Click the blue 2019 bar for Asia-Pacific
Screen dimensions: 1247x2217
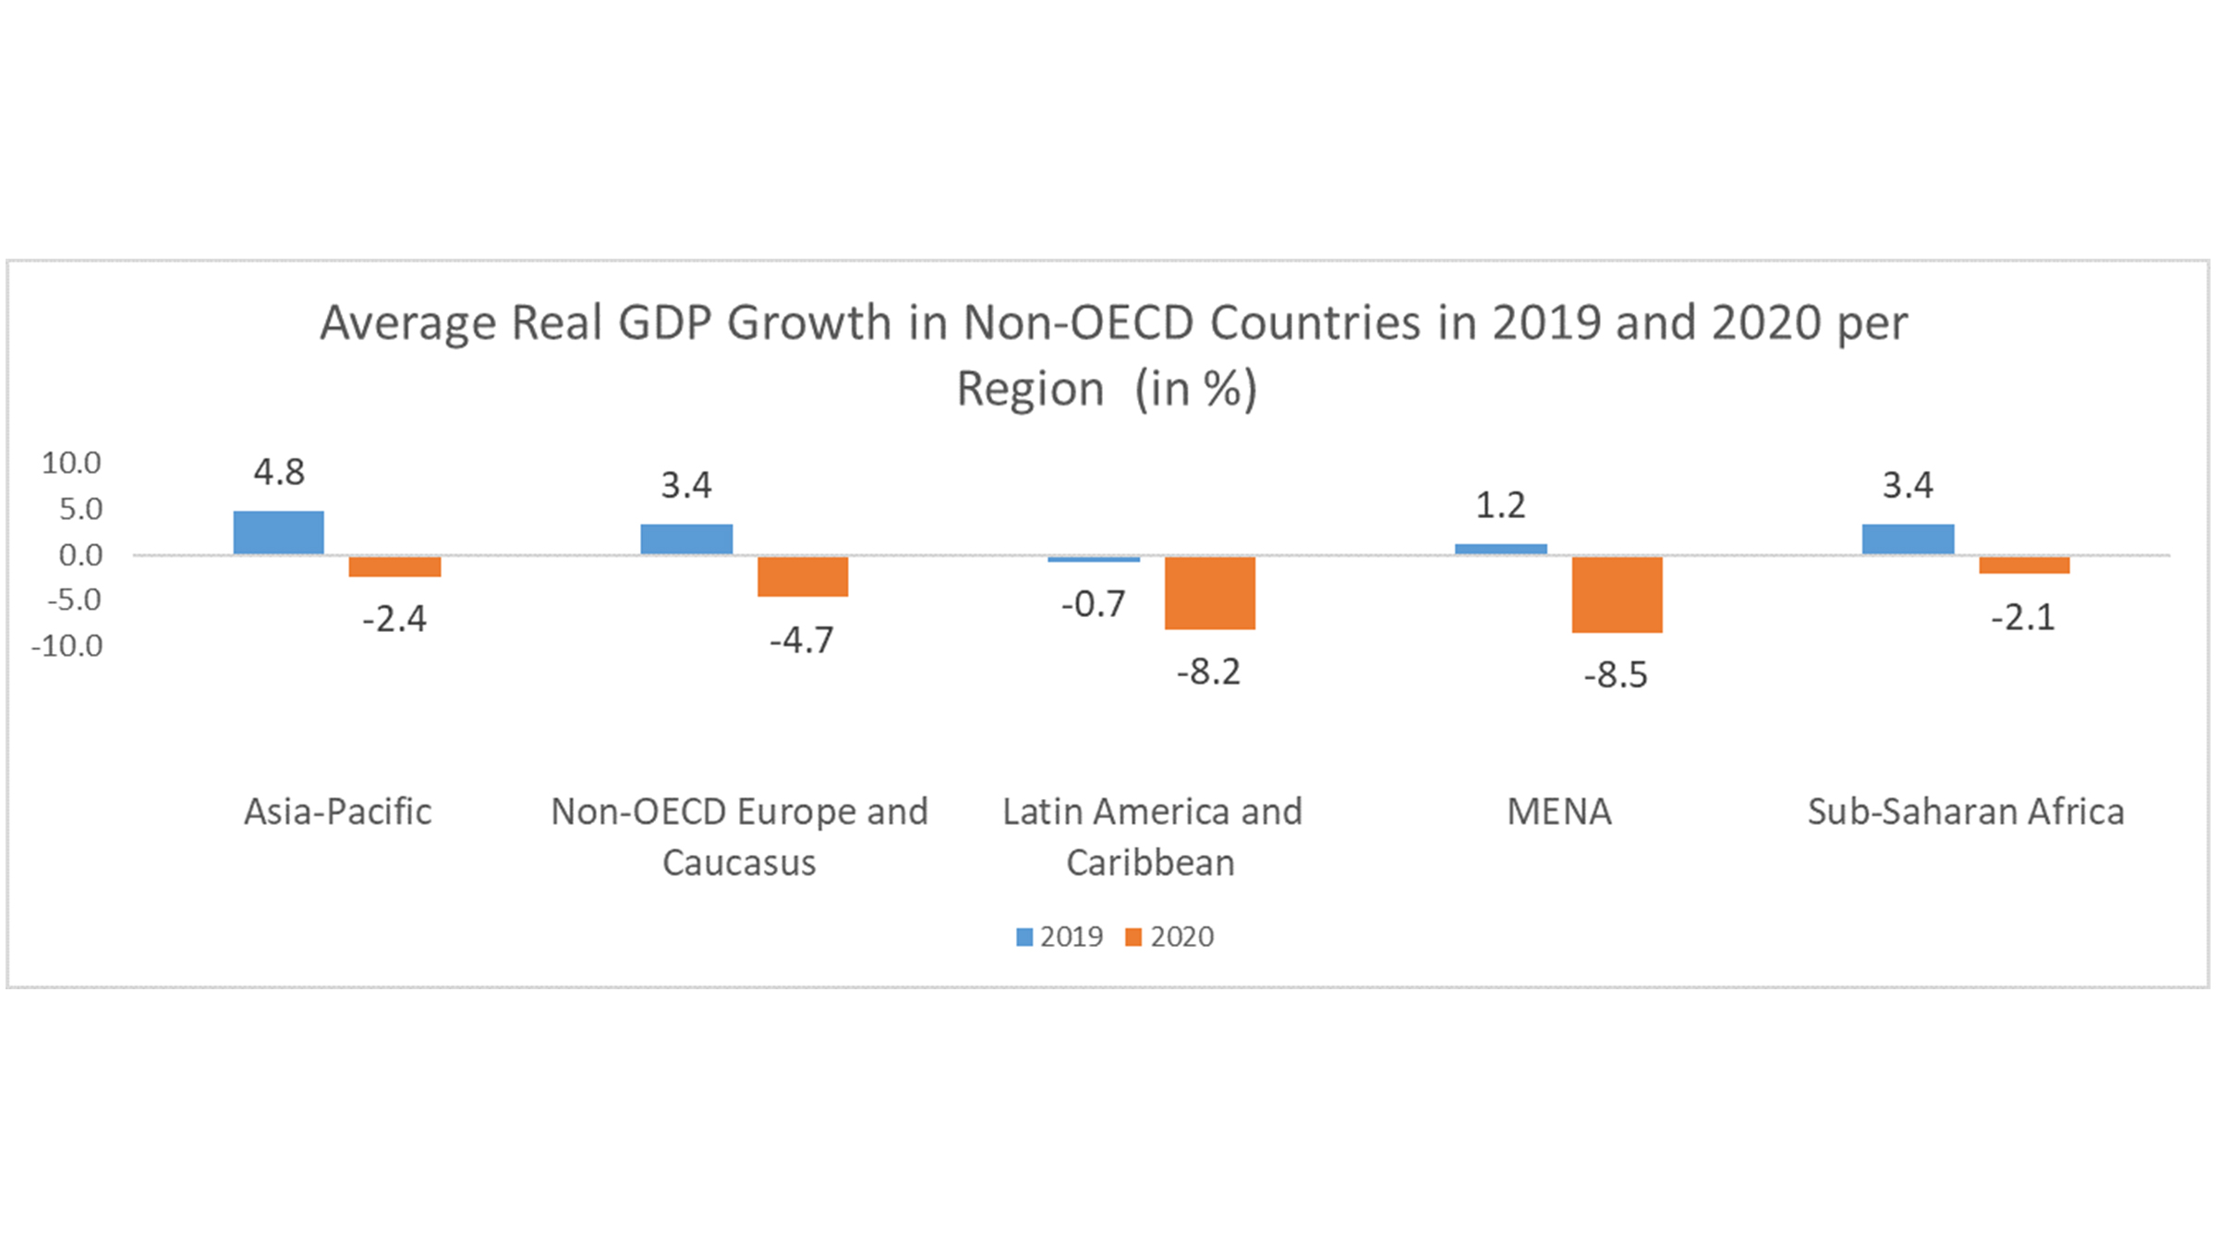coord(278,532)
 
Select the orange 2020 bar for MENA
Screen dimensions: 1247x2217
coord(1617,594)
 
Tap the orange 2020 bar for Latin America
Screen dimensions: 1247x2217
coord(1209,592)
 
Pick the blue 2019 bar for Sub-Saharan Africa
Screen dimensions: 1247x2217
coord(1908,539)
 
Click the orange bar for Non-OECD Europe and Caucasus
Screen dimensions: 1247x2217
coord(802,576)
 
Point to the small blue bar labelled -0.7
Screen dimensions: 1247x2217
coord(1094,559)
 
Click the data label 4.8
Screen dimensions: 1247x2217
coord(279,473)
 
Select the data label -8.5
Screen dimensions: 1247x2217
coord(1615,675)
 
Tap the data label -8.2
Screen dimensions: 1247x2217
coord(1208,672)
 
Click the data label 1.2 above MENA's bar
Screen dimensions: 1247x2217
coord(1500,505)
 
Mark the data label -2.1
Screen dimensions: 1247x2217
coord(2022,617)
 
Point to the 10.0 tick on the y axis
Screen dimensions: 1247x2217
coord(71,463)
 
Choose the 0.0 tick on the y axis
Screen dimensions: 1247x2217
coord(80,555)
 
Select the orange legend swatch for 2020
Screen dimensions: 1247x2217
coord(1133,937)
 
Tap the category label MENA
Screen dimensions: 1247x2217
coord(1558,812)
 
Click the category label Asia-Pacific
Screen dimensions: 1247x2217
coord(337,812)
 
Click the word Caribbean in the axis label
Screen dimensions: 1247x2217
coord(1150,863)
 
